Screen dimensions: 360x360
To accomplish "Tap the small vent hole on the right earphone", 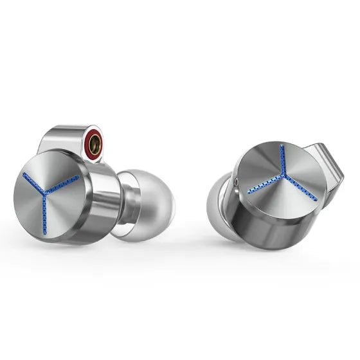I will pyautogui.click(x=240, y=183).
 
